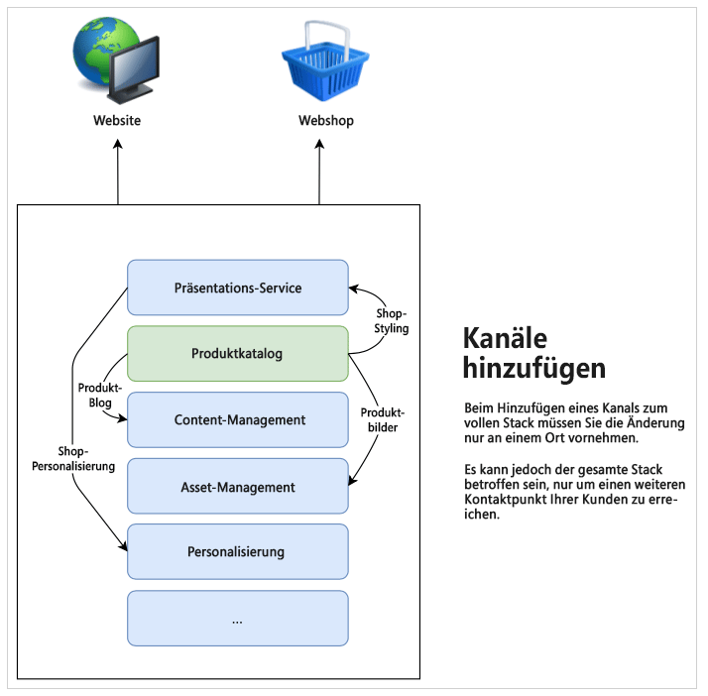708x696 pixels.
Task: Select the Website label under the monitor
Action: [117, 121]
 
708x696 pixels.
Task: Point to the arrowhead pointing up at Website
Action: [118, 144]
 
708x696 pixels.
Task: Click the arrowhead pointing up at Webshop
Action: [319, 144]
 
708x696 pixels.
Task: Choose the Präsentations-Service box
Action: [237, 288]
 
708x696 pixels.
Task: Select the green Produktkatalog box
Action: [237, 353]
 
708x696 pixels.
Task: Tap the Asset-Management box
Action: [238, 487]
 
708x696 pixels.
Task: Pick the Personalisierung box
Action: [237, 551]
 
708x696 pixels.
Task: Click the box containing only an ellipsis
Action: [237, 618]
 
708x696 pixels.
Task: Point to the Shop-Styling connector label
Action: [392, 321]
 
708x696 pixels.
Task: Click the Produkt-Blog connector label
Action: [99, 396]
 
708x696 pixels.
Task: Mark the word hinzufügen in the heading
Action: [533, 369]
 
